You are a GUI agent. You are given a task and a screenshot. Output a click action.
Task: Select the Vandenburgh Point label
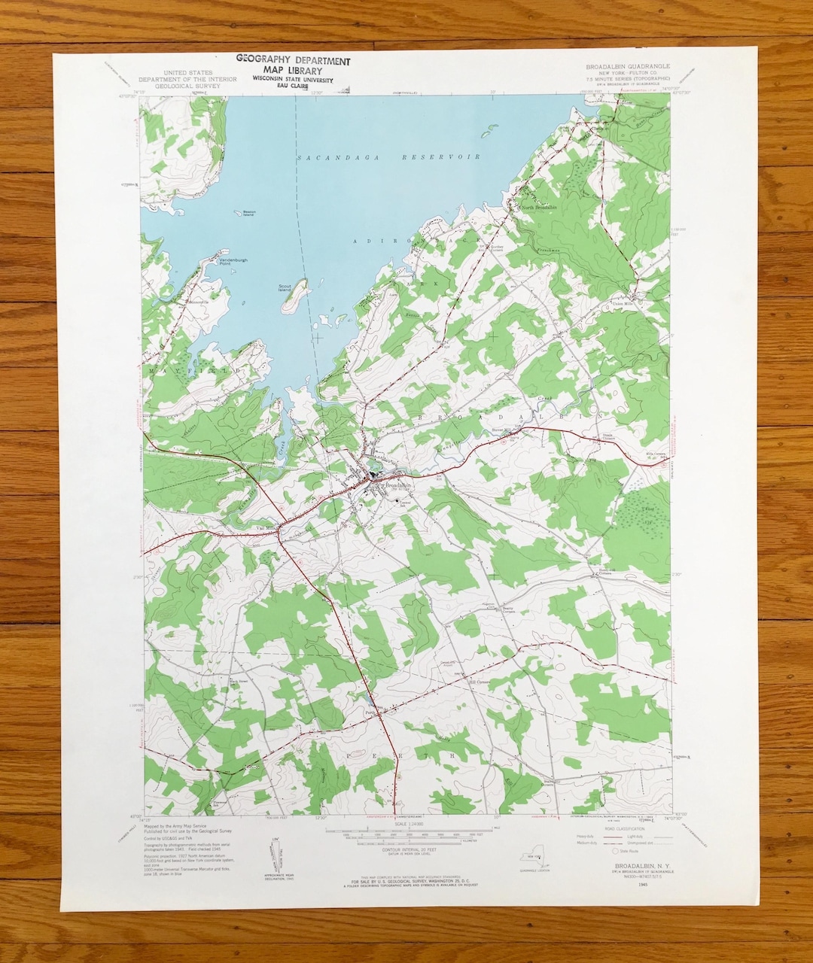coord(212,262)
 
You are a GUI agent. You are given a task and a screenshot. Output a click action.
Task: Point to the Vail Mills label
coord(267,527)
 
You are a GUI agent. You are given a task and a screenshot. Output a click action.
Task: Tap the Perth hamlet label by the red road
coord(370,712)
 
